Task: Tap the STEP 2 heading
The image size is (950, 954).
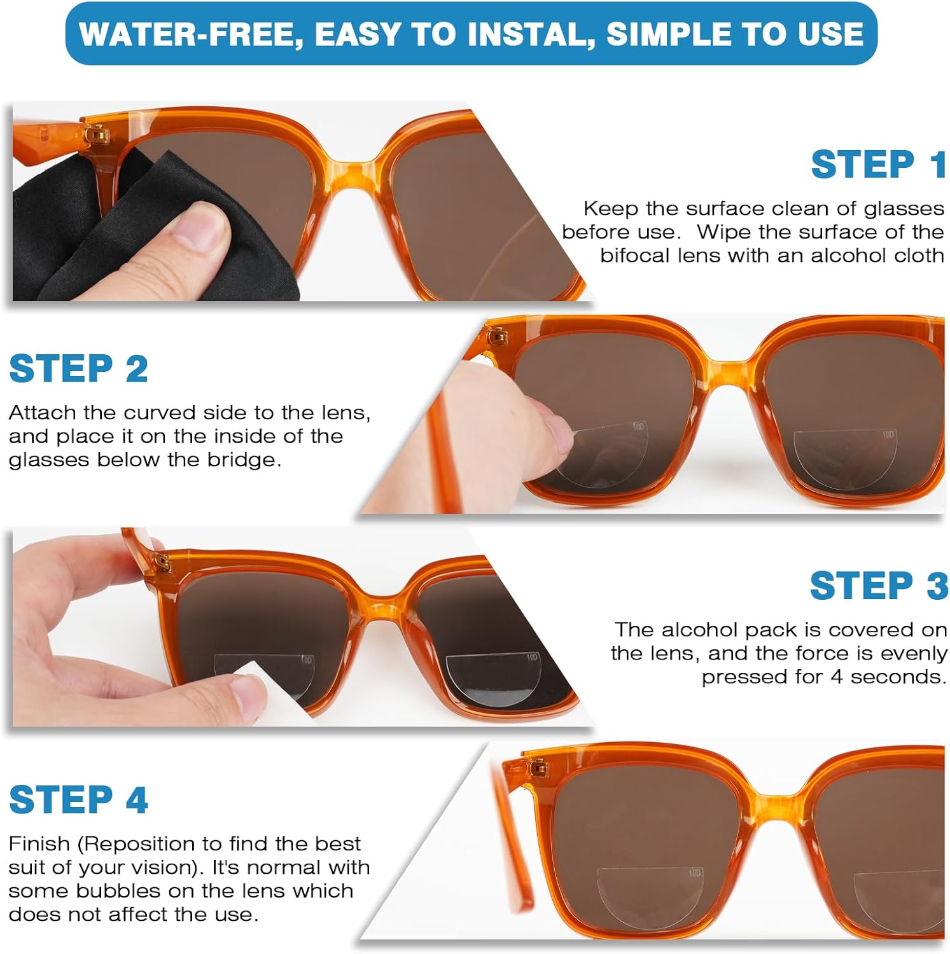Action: coord(78,369)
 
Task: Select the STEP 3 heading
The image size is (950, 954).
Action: coord(878,586)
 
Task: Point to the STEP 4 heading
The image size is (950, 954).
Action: coord(78,799)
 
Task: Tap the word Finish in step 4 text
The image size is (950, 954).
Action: coord(39,844)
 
